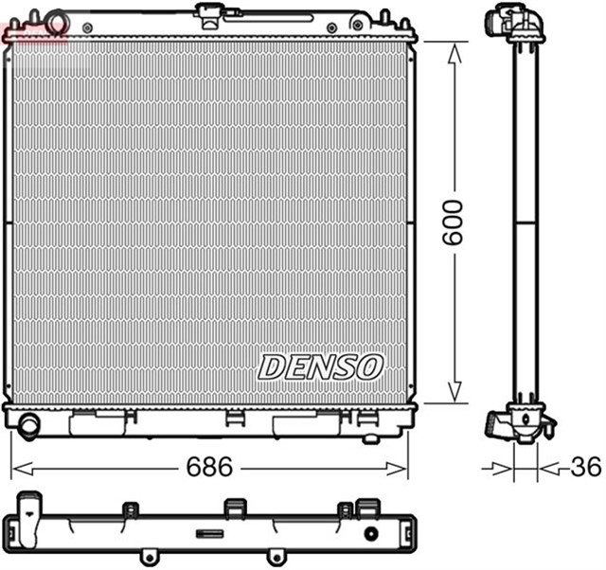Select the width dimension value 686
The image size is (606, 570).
pos(209,468)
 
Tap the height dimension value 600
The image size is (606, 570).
pos(454,223)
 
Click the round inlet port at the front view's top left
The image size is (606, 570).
pos(59,20)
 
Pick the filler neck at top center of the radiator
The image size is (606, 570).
pos(209,12)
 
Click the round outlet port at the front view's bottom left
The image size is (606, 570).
pos(29,425)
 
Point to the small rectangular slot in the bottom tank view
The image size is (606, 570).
pos(209,533)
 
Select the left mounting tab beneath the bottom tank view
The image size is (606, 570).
pos(148,556)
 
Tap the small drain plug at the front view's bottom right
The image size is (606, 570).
pos(370,436)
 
